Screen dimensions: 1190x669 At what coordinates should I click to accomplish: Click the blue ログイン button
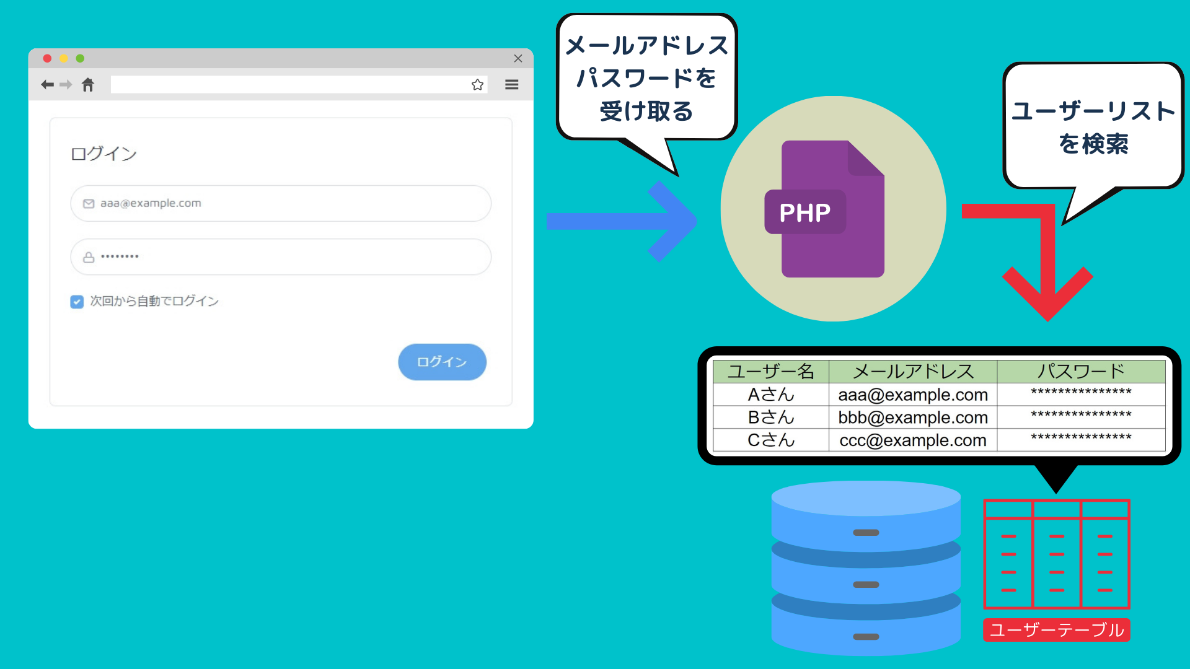[442, 362]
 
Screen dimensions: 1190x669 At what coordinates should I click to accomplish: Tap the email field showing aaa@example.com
[281, 203]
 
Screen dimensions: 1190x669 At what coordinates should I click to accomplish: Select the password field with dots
[281, 257]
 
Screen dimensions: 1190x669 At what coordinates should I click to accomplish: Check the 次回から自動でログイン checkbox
[77, 302]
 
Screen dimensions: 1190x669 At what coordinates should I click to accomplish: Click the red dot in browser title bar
[47, 58]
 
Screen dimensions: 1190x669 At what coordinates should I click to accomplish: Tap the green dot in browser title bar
[80, 58]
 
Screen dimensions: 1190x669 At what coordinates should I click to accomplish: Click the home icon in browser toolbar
[88, 85]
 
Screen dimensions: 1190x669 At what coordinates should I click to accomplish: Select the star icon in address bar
[477, 85]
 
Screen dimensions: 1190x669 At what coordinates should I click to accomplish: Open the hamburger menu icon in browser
[511, 85]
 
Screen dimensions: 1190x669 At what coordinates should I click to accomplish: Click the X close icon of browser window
[518, 58]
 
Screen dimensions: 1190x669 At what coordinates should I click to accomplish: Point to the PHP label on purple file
[805, 212]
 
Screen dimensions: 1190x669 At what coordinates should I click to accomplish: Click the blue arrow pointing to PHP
[622, 221]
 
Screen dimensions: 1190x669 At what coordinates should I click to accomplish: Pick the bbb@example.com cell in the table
[913, 418]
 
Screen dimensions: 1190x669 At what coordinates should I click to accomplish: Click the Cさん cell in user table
[771, 440]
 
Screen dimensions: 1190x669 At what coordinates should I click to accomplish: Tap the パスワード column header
[1082, 372]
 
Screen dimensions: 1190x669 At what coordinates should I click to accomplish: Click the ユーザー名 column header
[771, 372]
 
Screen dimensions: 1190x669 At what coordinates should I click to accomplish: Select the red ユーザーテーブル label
[1057, 630]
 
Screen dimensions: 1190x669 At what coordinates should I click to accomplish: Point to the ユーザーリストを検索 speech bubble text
[1094, 128]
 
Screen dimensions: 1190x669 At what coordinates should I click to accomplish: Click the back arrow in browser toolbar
[47, 85]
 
